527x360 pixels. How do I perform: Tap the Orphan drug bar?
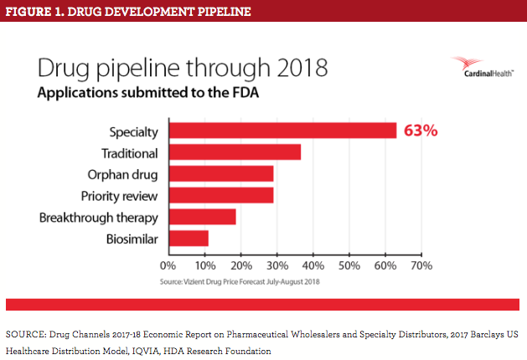click(x=221, y=174)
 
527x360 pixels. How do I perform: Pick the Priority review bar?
click(x=221, y=196)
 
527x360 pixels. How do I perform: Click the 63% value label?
click(x=421, y=131)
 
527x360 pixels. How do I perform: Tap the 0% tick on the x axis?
click(x=170, y=265)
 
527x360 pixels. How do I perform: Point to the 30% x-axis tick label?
click(x=276, y=265)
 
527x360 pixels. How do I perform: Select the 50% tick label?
click(x=349, y=265)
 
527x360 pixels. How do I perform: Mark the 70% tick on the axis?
click(x=421, y=265)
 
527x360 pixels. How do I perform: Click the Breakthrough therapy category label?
click(x=101, y=218)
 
